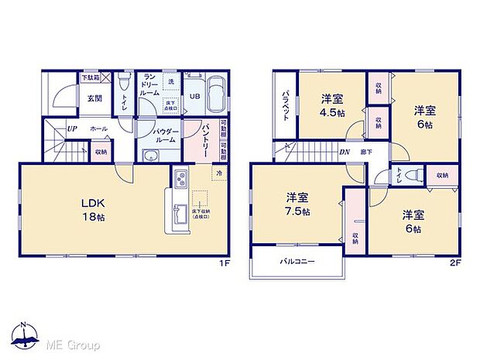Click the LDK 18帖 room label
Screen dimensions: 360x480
click(94, 209)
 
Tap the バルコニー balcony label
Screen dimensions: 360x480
click(297, 262)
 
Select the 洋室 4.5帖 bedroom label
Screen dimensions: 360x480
click(333, 104)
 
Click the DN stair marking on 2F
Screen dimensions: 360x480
click(344, 151)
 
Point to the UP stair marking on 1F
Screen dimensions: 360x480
click(71, 129)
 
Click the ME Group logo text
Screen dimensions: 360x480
click(72, 343)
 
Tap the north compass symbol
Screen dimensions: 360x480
click(25, 335)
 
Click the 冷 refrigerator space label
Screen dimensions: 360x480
click(220, 172)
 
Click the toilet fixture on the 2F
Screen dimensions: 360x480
click(411, 176)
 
